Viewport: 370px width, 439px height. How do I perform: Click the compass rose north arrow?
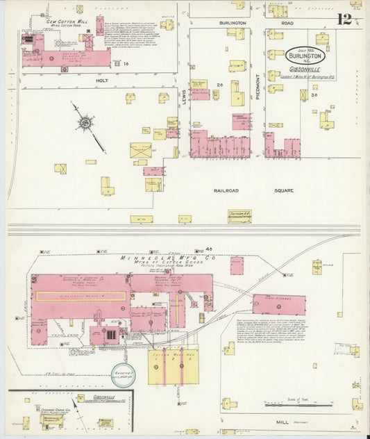pyautogui.click(x=85, y=123)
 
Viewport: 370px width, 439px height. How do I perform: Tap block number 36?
pyautogui.click(x=314, y=95)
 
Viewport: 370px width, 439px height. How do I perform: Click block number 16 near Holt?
pyautogui.click(x=126, y=64)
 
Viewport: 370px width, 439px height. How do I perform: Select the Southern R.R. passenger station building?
pyautogui.click(x=239, y=216)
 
